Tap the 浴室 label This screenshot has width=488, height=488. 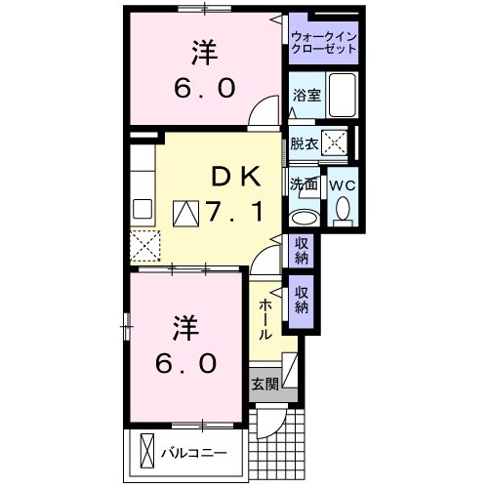coord(306,95)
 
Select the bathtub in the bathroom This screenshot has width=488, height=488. coord(343,95)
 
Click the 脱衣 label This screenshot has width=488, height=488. coord(304,143)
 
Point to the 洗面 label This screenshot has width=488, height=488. coord(303,183)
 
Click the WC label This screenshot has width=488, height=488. coord(342,184)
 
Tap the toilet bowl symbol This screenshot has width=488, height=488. coord(343,209)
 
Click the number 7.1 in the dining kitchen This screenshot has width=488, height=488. coord(232,210)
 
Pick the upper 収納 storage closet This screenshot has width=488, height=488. coord(301,251)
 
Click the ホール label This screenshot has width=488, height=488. coord(265,318)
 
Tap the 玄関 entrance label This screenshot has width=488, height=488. coord(264,384)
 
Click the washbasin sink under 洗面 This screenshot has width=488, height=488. coord(305,217)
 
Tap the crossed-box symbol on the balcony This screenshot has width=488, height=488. coord(147,452)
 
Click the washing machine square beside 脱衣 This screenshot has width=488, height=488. coord(335,142)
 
